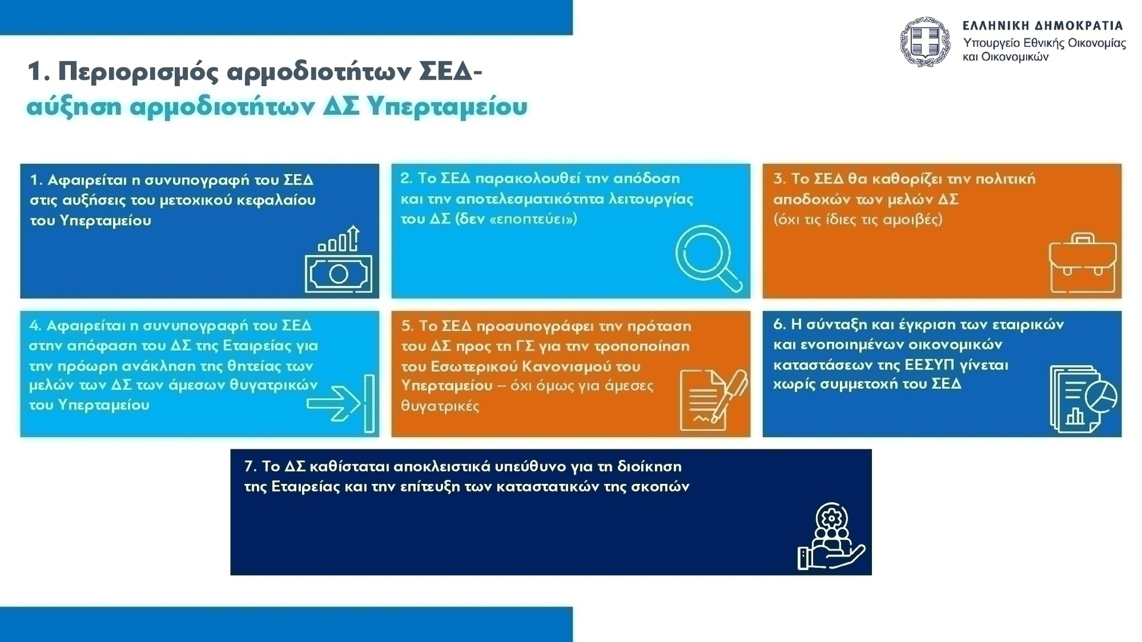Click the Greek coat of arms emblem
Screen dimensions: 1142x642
(x=925, y=42)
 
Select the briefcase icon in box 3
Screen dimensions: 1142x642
(x=1083, y=263)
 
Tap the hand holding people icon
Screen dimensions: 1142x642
(x=831, y=537)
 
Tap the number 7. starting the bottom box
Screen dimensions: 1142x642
(x=250, y=466)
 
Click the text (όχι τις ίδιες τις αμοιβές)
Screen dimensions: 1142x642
(x=858, y=219)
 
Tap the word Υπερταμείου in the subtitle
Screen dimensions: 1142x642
(x=447, y=107)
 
